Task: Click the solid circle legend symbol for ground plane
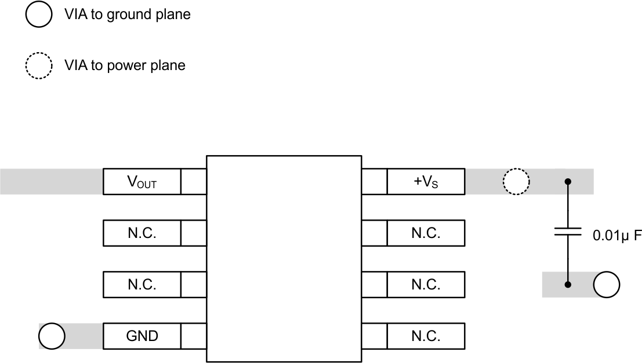pos(39,15)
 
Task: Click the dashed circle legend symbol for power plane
pos(39,65)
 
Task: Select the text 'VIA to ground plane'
pos(127,15)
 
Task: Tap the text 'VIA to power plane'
pos(125,65)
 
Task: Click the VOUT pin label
pos(142,182)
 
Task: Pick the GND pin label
pos(142,336)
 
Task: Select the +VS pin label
pos(426,182)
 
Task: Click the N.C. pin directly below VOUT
pos(142,233)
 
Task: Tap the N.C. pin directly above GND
pos(142,284)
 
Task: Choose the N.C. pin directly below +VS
pos(426,233)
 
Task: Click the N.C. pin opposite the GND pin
pos(426,336)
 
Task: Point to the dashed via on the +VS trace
pos(516,182)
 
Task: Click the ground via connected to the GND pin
pos(52,336)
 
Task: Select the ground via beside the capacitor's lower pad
pos(607,284)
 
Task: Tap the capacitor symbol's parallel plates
pos(568,232)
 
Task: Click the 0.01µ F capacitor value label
pos(616,236)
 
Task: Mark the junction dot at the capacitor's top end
pos(568,182)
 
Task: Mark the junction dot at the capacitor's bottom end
pos(568,284)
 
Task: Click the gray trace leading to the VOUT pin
pos(51,182)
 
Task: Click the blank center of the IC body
pos(284,259)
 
